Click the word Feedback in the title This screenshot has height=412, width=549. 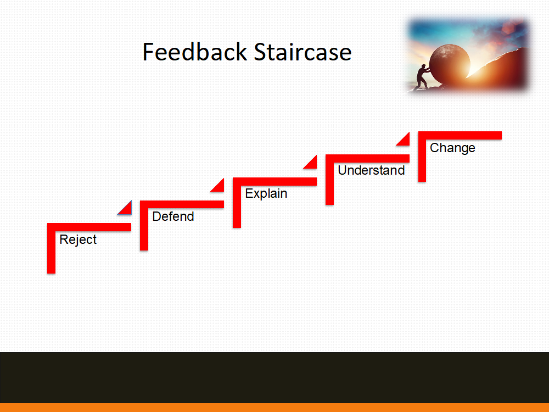pos(195,52)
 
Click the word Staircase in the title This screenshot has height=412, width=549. pos(302,52)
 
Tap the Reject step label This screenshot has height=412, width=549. pos(78,240)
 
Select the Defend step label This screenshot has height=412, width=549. pos(173,216)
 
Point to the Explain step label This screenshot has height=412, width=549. pos(266,194)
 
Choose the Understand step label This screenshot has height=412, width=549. pos(371,170)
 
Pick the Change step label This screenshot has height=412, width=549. pos(452,148)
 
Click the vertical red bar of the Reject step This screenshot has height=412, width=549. pos(51,249)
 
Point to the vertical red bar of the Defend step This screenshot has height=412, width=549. pos(144,226)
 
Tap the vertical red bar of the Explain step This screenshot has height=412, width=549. pos(237,203)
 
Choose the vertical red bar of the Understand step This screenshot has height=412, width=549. pos(329,180)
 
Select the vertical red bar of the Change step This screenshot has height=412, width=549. pos(422,157)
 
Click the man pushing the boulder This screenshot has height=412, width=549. pos(422,77)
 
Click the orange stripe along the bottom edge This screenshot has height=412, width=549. pos(274,408)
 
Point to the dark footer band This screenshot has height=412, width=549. pos(274,378)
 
